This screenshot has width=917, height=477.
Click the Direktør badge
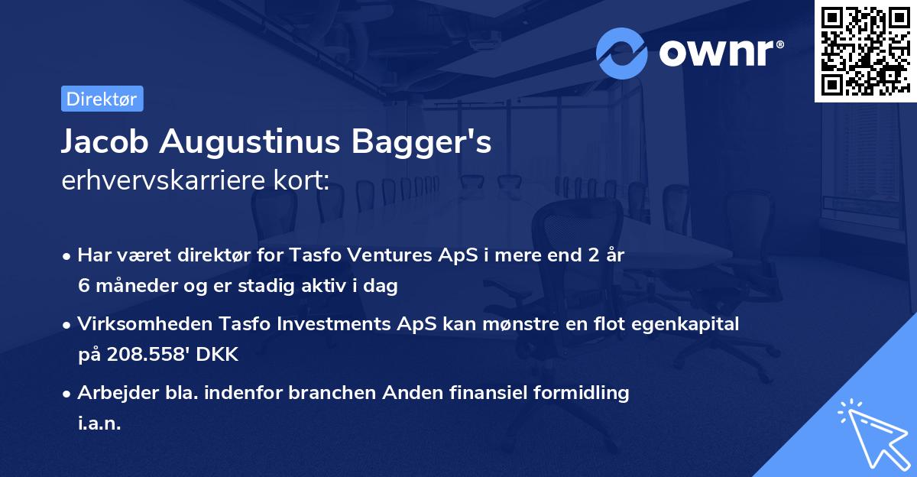click(x=102, y=99)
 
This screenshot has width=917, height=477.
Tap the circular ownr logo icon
click(x=622, y=53)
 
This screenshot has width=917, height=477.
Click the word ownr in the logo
click(x=720, y=53)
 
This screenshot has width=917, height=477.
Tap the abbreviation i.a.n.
click(x=99, y=423)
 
